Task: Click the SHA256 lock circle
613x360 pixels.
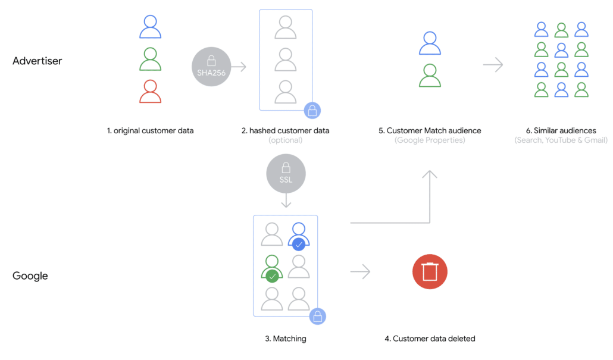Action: (211, 67)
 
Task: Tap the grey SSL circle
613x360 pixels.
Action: (286, 174)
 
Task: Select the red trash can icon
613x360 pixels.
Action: (430, 272)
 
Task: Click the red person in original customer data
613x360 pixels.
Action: (150, 92)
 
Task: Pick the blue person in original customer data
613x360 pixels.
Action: (150, 27)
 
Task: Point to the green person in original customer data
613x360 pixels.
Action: (150, 59)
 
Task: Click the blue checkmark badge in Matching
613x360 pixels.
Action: (299, 245)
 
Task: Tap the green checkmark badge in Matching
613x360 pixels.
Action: (272, 276)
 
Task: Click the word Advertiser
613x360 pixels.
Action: (37, 61)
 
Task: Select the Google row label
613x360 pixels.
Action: (30, 276)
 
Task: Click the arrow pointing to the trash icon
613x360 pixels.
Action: (360, 272)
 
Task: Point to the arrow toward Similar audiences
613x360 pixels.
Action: (493, 64)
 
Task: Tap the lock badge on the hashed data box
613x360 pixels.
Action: (312, 111)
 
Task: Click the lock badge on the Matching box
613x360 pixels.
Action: (317, 316)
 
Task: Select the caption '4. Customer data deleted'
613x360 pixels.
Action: (430, 339)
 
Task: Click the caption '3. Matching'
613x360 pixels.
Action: (286, 339)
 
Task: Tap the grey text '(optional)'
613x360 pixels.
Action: (286, 140)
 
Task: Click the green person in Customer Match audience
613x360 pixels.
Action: (430, 76)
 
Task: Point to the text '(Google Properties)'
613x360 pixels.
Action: (430, 140)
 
